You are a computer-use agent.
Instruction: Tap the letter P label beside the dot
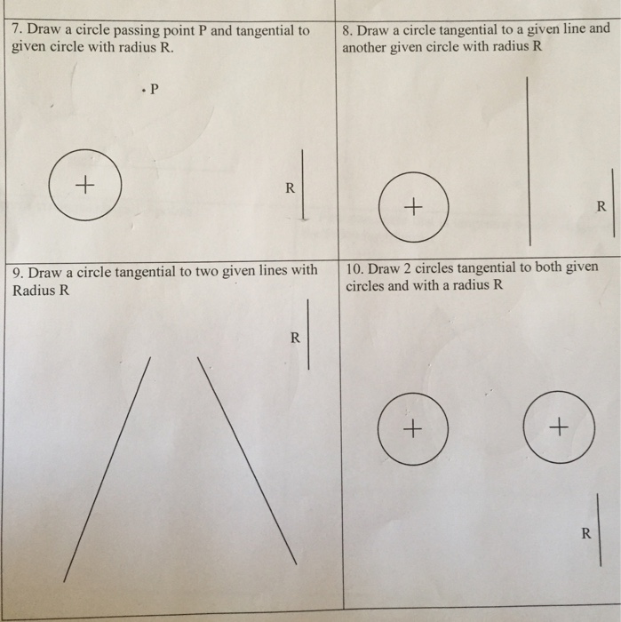(155, 89)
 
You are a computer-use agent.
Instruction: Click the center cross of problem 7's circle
(85, 185)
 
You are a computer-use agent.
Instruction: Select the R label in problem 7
(290, 187)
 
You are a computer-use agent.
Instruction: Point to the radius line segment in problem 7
(303, 185)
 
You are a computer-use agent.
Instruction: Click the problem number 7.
(16, 29)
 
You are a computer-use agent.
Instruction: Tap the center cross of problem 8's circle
(413, 207)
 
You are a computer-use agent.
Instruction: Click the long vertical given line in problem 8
(529, 162)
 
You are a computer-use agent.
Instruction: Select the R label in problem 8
(601, 206)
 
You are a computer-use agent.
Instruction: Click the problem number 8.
(347, 30)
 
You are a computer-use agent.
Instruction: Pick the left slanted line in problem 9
(107, 470)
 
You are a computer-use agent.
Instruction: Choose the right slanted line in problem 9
(247, 460)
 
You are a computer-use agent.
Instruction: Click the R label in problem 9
(295, 338)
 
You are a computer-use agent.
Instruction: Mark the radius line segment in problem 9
(308, 334)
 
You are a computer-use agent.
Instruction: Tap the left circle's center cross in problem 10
(412, 429)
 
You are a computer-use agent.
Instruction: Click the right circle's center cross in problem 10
(559, 427)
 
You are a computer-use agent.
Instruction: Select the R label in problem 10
(586, 533)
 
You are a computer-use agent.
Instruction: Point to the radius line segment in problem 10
(599, 530)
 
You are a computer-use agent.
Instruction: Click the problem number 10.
(354, 269)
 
